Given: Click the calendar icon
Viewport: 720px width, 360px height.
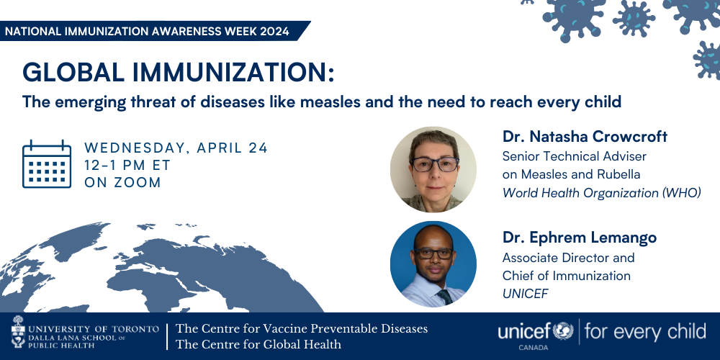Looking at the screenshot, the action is point(47,164).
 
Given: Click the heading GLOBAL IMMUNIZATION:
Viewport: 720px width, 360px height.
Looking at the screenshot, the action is point(178,73).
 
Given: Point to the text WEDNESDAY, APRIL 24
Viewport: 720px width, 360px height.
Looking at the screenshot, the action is point(176,148).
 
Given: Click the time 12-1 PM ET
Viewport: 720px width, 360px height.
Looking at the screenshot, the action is point(127,165).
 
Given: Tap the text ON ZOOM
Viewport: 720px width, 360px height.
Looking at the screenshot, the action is point(122,182).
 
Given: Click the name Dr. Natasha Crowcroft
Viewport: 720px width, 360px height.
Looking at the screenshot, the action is point(585,136).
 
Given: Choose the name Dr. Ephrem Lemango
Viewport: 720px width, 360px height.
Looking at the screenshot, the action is point(580,238).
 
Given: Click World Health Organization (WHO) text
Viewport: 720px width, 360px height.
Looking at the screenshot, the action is point(601,193).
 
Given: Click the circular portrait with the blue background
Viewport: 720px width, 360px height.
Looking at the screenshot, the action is point(433,264).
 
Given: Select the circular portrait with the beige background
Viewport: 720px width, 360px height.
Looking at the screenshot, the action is point(433,169).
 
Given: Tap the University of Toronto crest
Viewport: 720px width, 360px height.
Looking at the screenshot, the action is point(19,331).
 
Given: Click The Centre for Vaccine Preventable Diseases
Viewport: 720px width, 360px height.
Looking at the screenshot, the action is point(302,329).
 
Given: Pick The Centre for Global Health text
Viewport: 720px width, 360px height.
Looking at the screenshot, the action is point(258,344).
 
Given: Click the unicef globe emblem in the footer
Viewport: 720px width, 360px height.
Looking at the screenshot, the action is point(563,330).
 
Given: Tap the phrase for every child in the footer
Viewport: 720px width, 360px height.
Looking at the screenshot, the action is point(645,331).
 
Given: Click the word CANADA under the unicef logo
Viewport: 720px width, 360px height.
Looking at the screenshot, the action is point(533,348).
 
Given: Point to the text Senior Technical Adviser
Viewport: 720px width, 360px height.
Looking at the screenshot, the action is point(574,156).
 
